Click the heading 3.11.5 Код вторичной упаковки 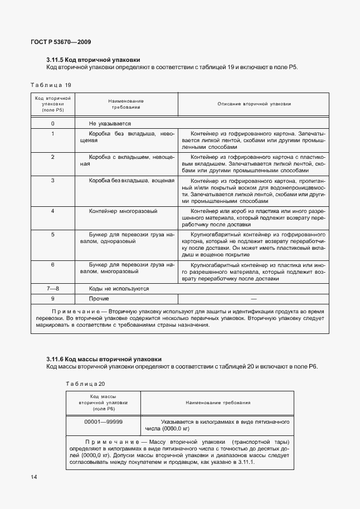(93, 60)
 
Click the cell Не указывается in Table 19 (110, 123)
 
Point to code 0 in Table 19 (52, 123)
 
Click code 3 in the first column (52, 181)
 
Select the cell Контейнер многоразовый (123, 211)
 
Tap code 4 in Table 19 (52, 211)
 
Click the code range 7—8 (52, 289)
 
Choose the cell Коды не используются (119, 289)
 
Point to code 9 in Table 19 (52, 299)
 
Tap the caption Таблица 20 (85, 384)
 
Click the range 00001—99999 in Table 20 (104, 422)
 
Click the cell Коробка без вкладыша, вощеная (132, 181)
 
